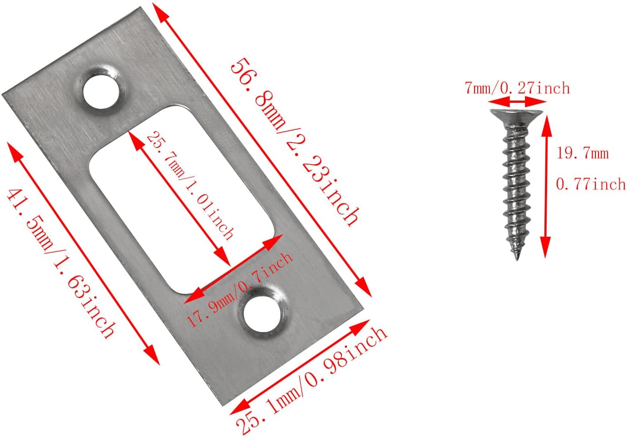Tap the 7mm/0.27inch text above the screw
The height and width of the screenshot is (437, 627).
click(517, 88)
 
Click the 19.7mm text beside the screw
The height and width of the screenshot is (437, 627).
click(582, 153)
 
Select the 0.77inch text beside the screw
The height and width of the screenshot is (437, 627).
click(590, 184)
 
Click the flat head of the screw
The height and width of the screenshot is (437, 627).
click(517, 114)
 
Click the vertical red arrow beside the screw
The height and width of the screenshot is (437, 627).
click(546, 185)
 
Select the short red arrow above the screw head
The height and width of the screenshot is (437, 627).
click(517, 103)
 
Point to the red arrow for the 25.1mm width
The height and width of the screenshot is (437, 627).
click(300, 366)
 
